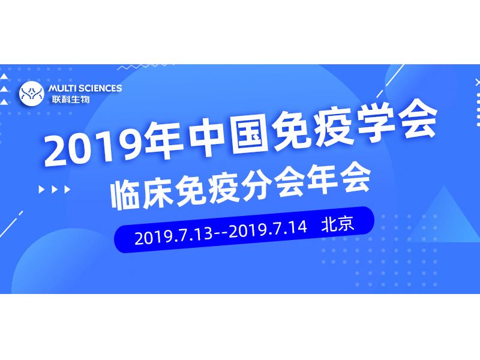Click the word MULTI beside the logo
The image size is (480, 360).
tap(64, 88)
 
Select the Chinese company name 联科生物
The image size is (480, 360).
tap(70, 99)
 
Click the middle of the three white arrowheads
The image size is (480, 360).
tap(58, 190)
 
